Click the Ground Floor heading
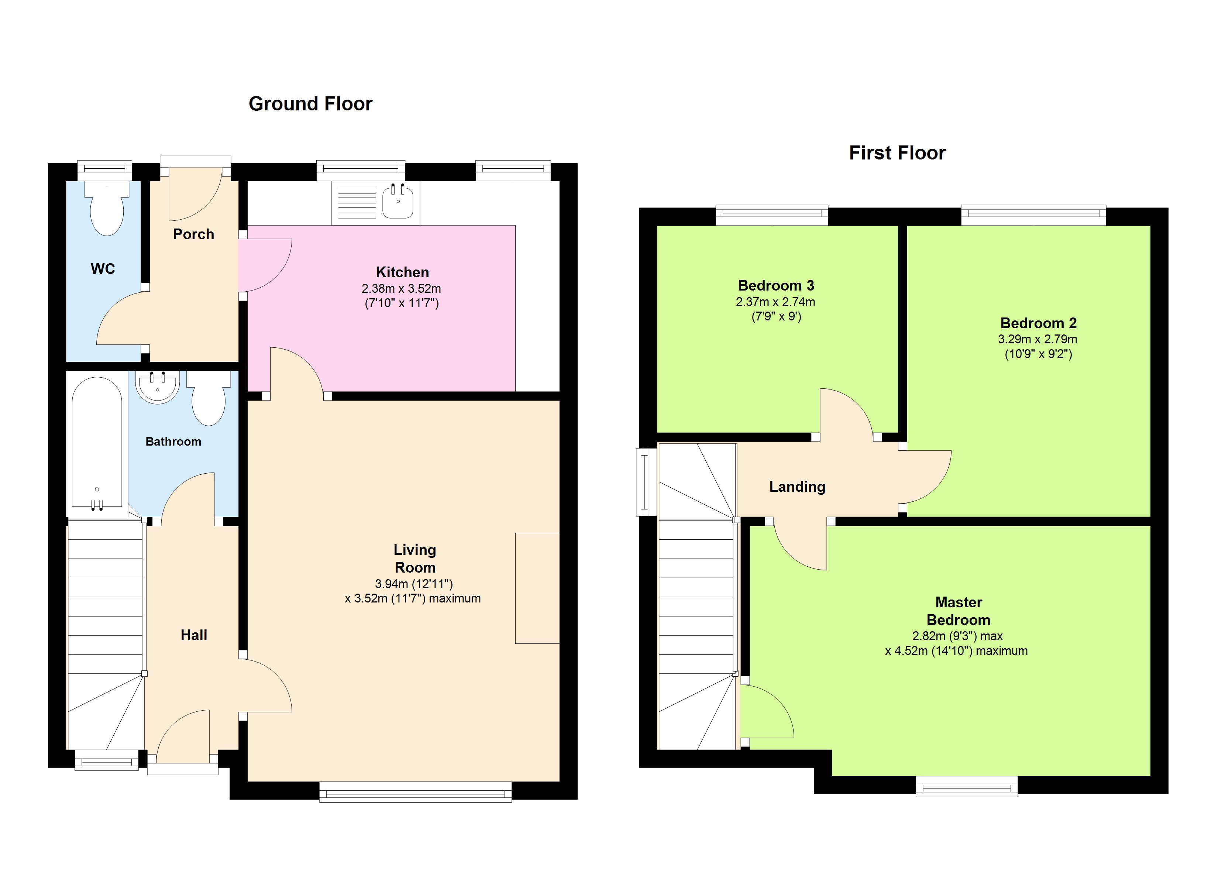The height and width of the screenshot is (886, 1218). [x=310, y=104]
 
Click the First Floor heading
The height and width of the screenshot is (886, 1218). [x=897, y=153]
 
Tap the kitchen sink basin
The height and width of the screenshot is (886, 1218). [x=398, y=203]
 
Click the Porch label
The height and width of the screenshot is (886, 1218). [x=193, y=234]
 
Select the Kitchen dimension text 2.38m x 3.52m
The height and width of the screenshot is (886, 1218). [x=401, y=289]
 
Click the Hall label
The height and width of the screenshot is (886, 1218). [x=194, y=635]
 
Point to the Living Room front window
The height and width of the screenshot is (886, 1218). [x=415, y=791]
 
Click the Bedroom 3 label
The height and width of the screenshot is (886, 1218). [x=776, y=285]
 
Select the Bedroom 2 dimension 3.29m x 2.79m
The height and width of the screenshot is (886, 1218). [x=1038, y=339]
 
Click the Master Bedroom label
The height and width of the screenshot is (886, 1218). [x=959, y=611]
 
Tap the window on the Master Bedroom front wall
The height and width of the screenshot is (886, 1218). [x=967, y=786]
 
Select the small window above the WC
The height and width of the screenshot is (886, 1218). [x=105, y=170]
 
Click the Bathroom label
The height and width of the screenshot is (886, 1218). [x=173, y=442]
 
